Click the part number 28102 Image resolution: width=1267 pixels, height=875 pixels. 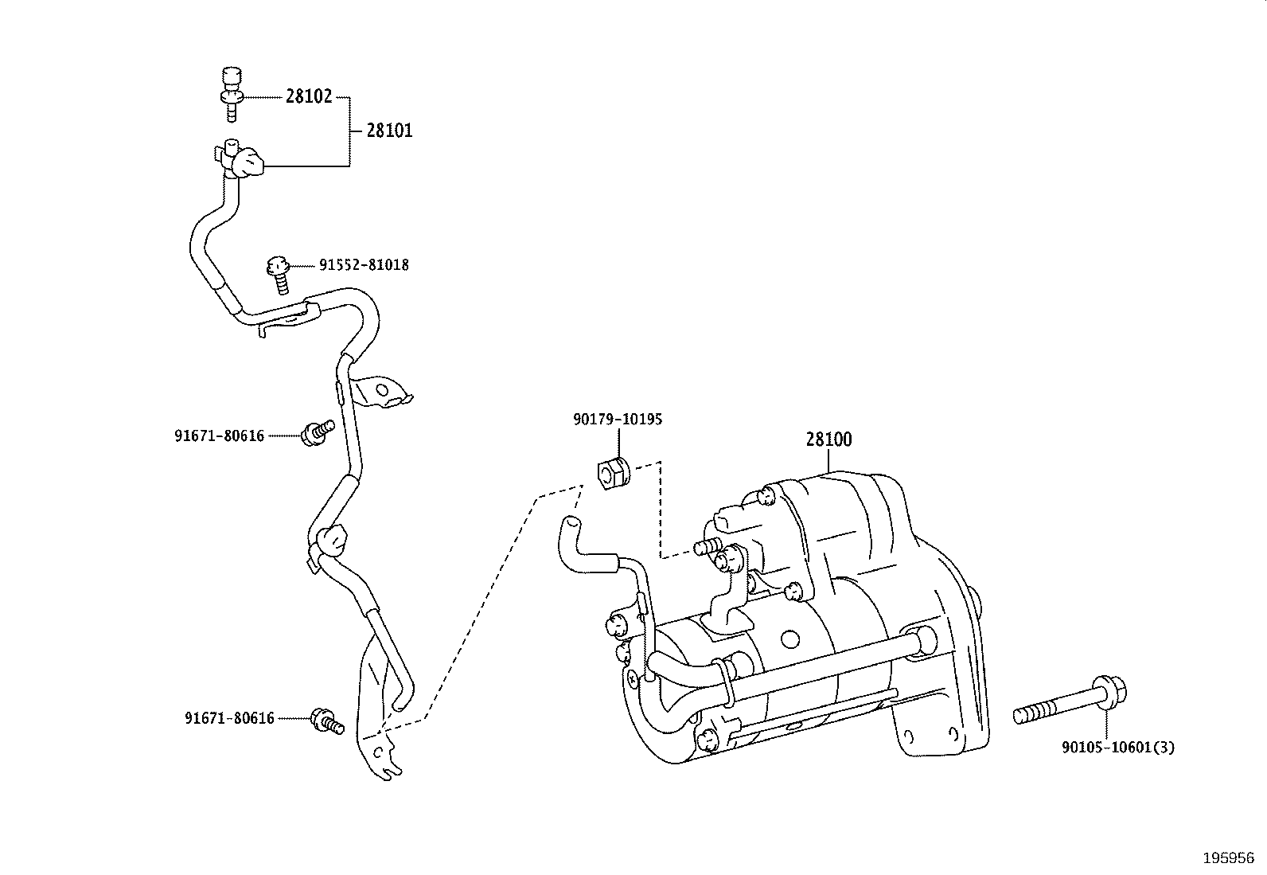[x=308, y=96]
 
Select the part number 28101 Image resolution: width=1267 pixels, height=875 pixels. [x=390, y=131]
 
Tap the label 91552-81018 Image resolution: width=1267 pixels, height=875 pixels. [x=364, y=265]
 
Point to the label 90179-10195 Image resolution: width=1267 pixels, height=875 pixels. [x=618, y=420]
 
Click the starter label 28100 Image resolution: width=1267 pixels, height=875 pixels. [x=828, y=439]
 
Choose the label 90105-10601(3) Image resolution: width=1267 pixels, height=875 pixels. [x=1118, y=748]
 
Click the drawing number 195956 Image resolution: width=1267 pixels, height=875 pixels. [x=1229, y=858]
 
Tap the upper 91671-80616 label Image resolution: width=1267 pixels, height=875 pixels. [x=220, y=436]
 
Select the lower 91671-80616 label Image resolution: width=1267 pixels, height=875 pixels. [x=230, y=718]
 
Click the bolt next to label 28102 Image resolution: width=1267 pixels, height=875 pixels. [x=232, y=94]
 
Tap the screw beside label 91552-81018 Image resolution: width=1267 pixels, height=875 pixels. [x=279, y=275]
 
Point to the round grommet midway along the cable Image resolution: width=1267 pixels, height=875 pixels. [x=331, y=541]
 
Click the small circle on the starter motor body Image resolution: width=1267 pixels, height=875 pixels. [x=790, y=639]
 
